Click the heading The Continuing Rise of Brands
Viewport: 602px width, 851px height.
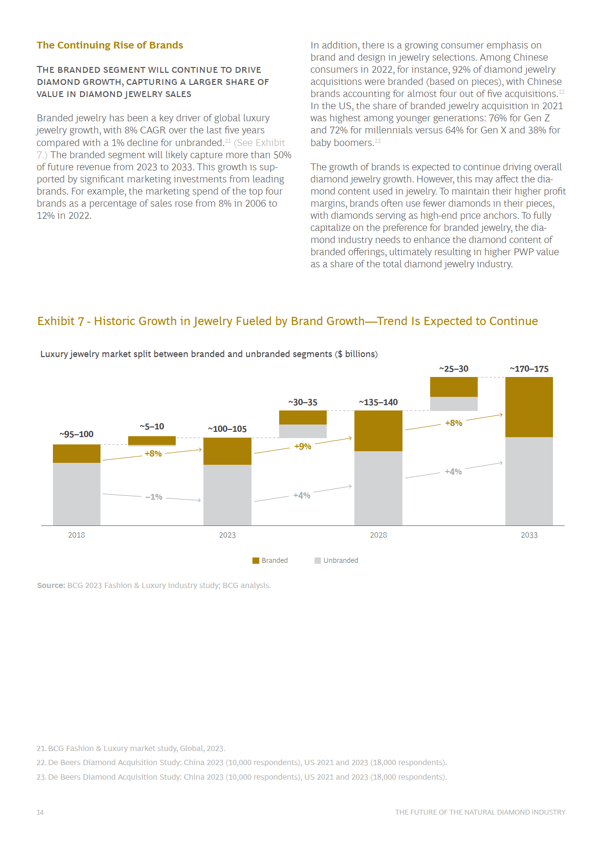point(110,45)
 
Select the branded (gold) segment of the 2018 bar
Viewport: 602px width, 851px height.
point(77,454)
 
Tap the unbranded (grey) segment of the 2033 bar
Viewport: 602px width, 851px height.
point(529,481)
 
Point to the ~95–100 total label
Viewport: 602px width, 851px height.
point(77,434)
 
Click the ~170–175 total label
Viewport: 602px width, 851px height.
point(529,369)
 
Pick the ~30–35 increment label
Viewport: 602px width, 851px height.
point(303,402)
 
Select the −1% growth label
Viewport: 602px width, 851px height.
point(154,497)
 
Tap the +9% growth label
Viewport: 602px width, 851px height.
point(302,446)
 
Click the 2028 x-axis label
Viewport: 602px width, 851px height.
point(378,535)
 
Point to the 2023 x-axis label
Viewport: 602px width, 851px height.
point(227,535)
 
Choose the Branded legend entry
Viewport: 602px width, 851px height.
point(270,560)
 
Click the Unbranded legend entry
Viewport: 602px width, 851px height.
point(336,560)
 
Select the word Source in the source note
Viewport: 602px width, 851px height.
point(50,585)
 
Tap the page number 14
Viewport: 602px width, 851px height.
point(40,812)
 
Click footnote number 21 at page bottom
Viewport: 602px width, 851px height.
point(41,748)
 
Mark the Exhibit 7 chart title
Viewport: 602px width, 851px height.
point(287,321)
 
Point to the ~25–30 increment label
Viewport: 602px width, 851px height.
point(454,369)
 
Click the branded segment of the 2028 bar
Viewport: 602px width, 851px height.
point(378,431)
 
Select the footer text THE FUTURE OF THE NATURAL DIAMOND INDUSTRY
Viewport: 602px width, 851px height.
point(480,812)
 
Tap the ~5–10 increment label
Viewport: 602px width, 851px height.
point(152,426)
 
